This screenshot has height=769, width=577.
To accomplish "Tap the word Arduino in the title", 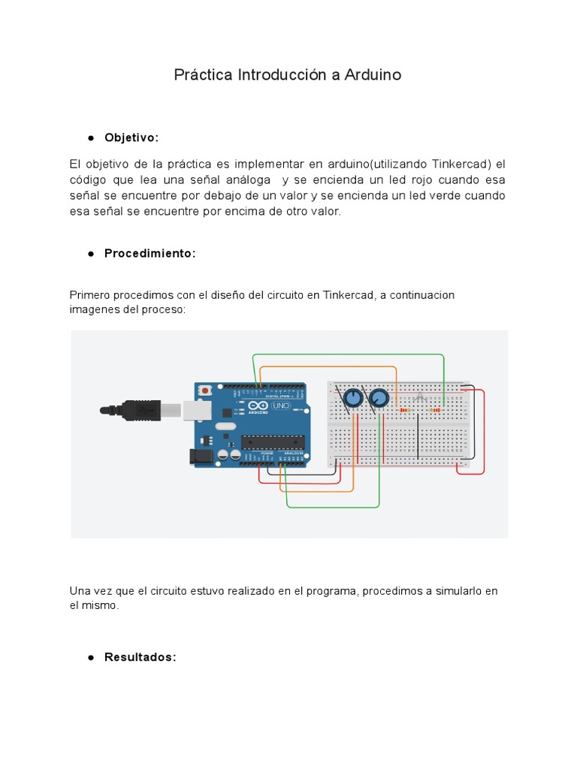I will click(373, 75).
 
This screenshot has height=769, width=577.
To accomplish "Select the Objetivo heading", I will click(131, 138).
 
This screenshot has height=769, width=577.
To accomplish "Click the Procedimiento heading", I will click(150, 254).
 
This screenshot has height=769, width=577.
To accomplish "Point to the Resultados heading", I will click(140, 657).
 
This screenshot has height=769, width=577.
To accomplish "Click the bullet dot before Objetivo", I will click(90, 138).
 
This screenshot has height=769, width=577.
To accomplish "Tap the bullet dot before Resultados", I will click(90, 658).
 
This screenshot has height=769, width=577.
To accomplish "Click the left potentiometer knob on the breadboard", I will click(352, 398).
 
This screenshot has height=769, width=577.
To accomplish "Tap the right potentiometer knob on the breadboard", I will click(379, 398).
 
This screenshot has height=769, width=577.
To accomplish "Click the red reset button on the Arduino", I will click(204, 391).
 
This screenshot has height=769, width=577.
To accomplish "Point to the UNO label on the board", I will click(280, 406).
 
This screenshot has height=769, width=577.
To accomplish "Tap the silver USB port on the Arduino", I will click(197, 409).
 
